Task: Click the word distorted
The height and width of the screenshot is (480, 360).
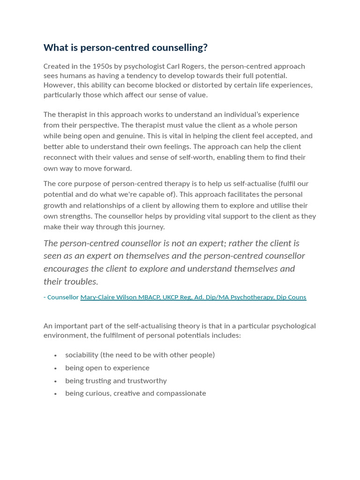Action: pyautogui.click(x=165, y=85)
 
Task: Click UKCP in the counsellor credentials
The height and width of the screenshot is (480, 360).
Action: pyautogui.click(x=172, y=297)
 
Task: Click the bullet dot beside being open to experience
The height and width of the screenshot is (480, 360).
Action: pyautogui.click(x=55, y=368)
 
